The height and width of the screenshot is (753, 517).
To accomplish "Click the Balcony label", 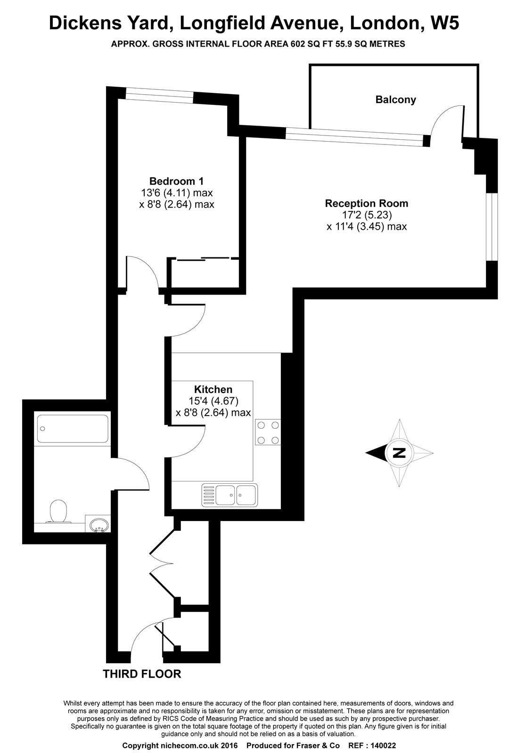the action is click(395, 100).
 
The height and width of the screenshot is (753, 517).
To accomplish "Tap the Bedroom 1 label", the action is click(176, 181).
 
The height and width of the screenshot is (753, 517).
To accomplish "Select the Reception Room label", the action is click(367, 203).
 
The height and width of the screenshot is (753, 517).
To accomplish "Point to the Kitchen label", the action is click(213, 389).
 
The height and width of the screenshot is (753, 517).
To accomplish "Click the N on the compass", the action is click(400, 453).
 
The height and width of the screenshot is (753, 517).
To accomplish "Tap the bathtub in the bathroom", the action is click(73, 429).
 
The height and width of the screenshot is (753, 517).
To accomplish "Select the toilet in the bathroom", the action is click(58, 512).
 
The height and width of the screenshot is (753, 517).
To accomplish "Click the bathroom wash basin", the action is click(99, 524).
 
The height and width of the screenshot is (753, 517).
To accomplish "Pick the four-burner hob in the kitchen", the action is click(268, 433).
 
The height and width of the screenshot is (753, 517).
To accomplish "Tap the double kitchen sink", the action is click(230, 495).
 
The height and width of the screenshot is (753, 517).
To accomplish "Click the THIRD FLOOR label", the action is click(142, 674).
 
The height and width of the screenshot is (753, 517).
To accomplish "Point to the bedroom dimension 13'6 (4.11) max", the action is click(177, 193).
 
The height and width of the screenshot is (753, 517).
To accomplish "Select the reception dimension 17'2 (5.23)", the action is click(367, 215).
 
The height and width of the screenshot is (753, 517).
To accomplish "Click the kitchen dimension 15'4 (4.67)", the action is click(213, 401).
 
